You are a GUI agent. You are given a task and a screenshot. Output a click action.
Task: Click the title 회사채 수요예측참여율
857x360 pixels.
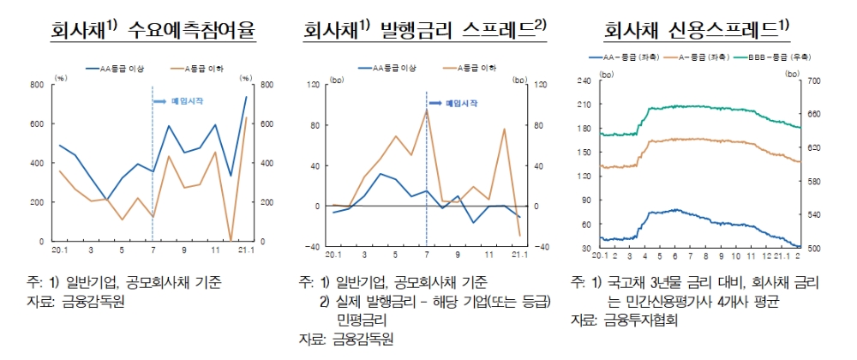[154, 31]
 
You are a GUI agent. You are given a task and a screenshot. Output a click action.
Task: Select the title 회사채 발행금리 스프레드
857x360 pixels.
[424, 31]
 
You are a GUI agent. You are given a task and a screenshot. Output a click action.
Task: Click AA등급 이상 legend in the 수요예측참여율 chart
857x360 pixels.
[120, 66]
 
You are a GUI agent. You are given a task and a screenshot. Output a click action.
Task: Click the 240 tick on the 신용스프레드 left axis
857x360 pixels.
[585, 81]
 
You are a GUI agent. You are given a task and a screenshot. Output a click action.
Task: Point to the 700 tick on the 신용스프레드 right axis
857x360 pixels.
[813, 81]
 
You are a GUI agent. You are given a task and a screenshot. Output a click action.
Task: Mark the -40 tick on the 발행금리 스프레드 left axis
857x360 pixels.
[315, 247]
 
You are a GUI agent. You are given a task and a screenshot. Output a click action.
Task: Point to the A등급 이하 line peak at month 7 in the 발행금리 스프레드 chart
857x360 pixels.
[426, 110]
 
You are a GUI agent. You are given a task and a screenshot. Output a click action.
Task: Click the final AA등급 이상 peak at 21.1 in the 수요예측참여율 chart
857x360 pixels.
[246, 97]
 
